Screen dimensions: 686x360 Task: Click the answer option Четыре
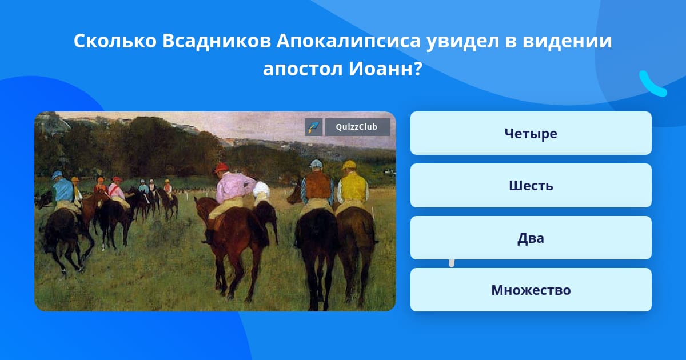(531, 133)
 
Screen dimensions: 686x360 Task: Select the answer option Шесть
(531, 186)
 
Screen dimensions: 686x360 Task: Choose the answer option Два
(531, 238)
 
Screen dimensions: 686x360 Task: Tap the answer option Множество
(531, 290)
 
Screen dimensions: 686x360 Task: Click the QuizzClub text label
(357, 127)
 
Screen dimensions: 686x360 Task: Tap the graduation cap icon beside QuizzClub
(314, 127)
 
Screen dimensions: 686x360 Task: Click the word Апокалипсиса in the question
(349, 41)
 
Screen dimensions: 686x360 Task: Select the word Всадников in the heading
(217, 41)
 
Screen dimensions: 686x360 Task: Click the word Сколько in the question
(115, 41)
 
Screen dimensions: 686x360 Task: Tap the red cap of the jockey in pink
(221, 168)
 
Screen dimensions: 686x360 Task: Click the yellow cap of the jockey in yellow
(349, 165)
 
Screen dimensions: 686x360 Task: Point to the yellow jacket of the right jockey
(353, 187)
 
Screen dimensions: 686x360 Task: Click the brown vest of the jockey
(318, 185)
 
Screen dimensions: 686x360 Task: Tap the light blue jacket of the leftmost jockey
(63, 190)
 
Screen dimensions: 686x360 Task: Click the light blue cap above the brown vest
(316, 164)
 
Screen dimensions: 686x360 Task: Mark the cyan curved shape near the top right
(652, 84)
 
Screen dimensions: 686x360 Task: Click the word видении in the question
(567, 41)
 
